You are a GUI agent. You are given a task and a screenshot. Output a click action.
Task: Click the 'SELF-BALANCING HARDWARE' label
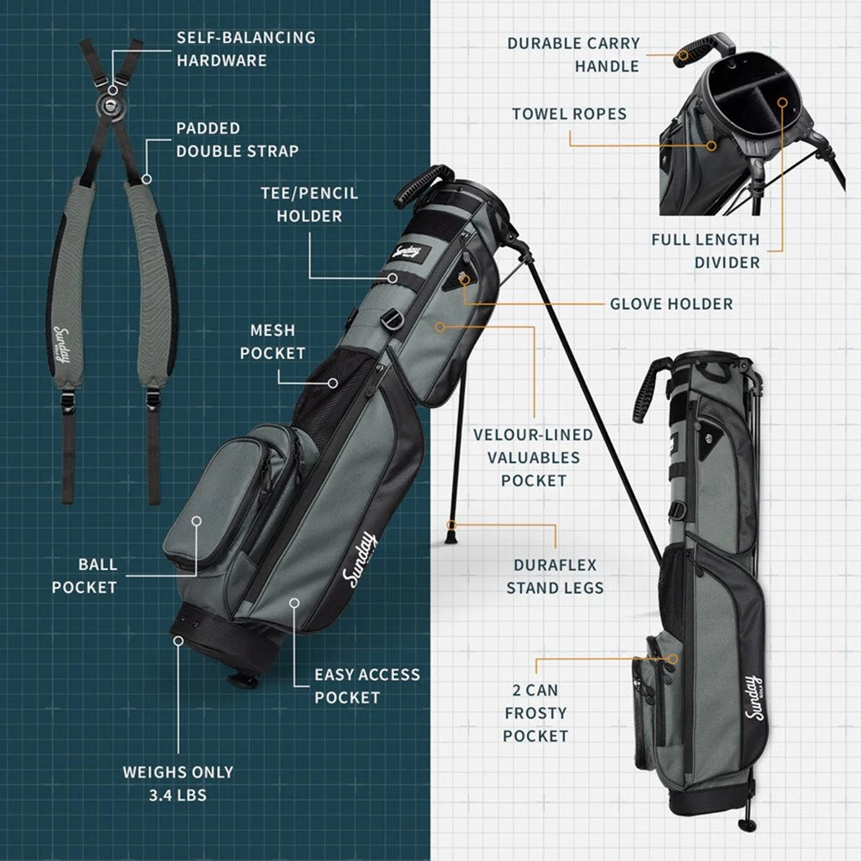[x=246, y=49]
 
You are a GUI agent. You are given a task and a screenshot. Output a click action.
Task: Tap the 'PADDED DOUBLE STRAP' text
[x=238, y=139]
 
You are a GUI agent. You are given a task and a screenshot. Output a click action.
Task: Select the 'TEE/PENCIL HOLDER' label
[x=309, y=204]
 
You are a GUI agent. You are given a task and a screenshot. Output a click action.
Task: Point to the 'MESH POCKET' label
[x=272, y=342]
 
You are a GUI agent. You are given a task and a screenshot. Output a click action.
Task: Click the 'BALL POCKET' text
[x=84, y=576]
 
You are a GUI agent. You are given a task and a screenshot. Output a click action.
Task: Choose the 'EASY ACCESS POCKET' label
[x=367, y=686]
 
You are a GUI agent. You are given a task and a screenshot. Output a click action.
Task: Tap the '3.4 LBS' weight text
[x=178, y=795]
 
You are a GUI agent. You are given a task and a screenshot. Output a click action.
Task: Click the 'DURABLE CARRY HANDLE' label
[x=573, y=54]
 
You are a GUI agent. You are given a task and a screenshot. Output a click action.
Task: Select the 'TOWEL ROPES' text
[x=569, y=114]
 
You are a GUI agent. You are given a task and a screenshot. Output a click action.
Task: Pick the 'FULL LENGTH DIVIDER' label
[x=706, y=251]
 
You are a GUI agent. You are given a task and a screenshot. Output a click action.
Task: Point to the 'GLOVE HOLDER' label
[x=672, y=304]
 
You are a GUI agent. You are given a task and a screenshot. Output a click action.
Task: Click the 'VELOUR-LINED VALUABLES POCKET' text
[x=533, y=457]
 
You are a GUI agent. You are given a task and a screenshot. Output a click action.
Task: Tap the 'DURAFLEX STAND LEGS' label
[x=555, y=577]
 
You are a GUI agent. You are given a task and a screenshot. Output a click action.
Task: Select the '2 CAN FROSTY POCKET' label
[x=536, y=713]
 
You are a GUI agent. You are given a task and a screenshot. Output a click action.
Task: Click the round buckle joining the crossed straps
[x=112, y=105]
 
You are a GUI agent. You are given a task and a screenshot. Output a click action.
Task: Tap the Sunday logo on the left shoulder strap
[x=62, y=346]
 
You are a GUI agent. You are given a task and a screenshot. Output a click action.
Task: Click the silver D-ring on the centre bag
[x=390, y=318]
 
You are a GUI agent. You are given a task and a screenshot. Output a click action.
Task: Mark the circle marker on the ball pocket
[x=196, y=521]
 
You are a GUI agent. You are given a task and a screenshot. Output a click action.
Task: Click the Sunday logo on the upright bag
[x=754, y=698]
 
